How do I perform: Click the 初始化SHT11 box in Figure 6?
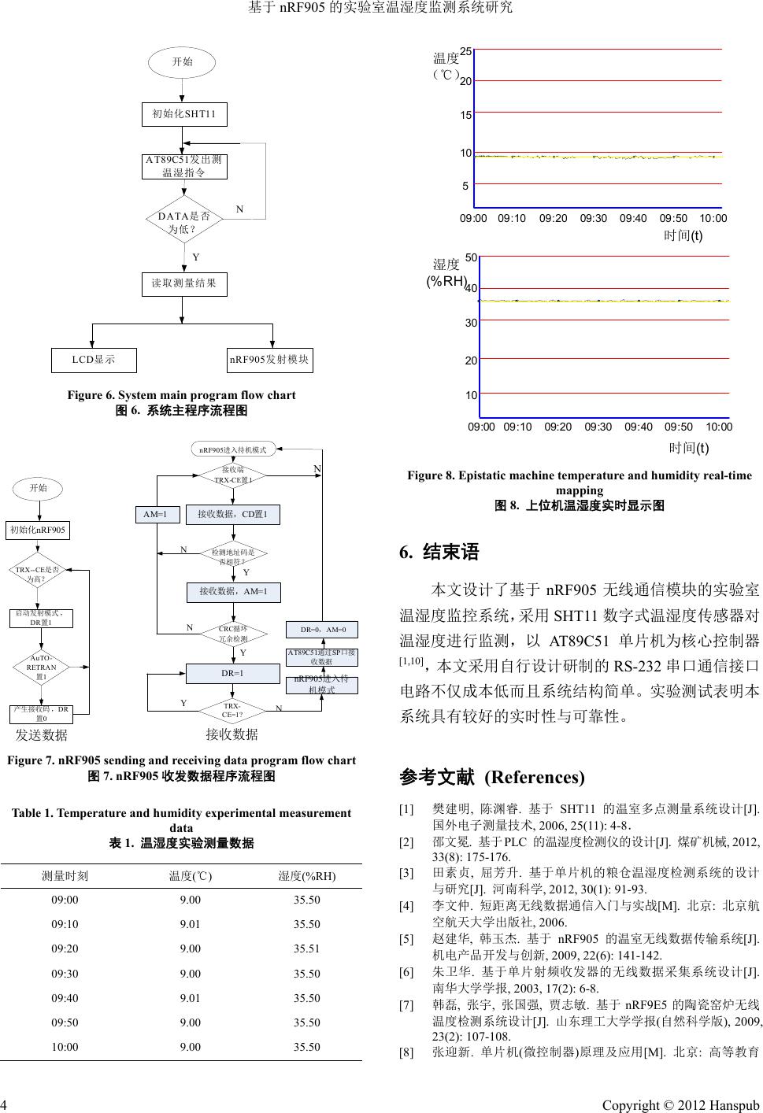tap(184, 114)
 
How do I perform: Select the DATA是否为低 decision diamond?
tap(183, 221)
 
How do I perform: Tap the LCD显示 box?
tap(94, 360)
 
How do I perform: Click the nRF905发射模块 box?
tap(270, 360)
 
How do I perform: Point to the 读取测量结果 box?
tap(183, 283)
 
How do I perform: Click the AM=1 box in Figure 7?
tap(156, 515)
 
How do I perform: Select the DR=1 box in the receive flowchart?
tap(232, 674)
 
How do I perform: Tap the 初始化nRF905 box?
tap(38, 531)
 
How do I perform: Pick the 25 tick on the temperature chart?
tap(466, 51)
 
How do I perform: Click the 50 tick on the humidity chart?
tap(471, 257)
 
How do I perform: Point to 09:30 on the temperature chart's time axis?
tap(593, 218)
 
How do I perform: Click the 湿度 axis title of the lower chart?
tap(446, 264)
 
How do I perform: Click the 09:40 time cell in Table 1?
tap(65, 997)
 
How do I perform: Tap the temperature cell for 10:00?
tap(191, 1047)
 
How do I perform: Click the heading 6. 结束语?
tap(439, 552)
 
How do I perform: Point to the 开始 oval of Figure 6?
tap(183, 61)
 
